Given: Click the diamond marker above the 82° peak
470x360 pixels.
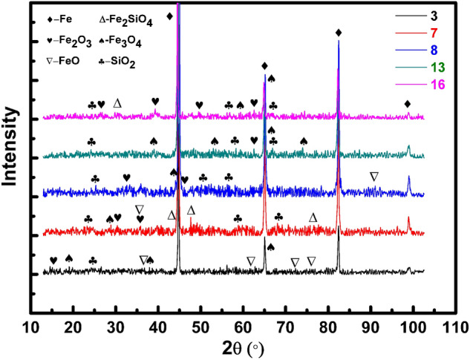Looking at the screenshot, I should [339, 32].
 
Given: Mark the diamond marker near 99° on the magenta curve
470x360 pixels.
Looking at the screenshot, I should [407, 104].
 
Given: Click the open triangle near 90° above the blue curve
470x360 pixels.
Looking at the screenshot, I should [373, 176].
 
